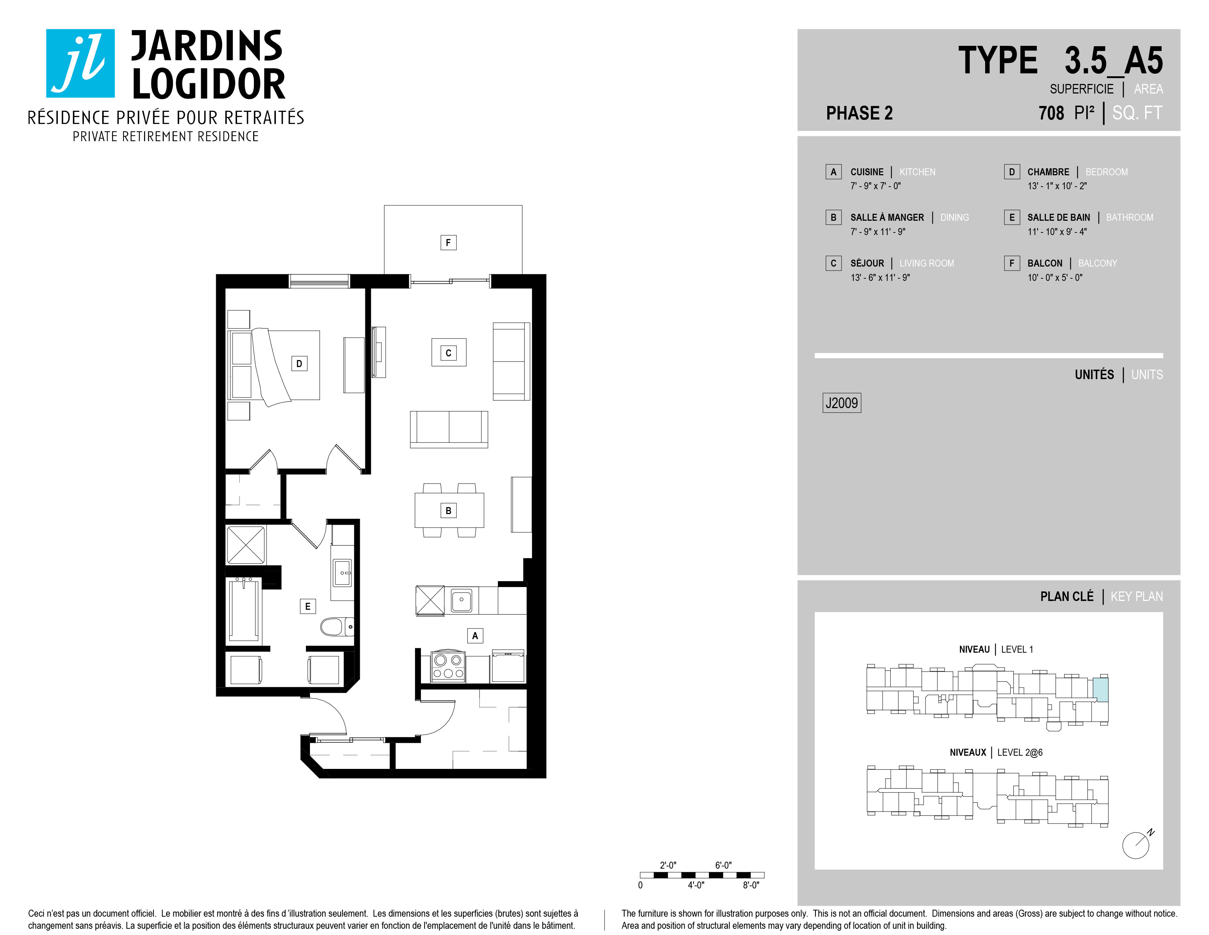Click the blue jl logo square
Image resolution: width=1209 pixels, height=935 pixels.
80,63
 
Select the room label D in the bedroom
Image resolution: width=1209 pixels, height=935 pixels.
299,363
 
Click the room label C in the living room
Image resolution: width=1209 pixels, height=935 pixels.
448,353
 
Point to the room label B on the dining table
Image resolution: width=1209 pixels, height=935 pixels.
448,511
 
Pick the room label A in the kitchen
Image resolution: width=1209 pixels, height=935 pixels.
475,636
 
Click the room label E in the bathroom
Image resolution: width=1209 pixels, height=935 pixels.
308,606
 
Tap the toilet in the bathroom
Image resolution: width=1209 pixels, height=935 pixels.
337,627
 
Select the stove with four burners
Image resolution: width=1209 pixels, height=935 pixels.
448,666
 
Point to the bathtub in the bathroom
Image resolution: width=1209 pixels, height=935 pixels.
244,609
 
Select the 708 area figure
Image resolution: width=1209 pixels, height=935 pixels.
1051,113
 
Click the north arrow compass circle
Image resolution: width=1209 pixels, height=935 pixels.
1135,846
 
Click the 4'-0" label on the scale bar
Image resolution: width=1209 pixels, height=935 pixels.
696,885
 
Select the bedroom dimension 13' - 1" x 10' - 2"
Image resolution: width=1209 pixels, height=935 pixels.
1057,186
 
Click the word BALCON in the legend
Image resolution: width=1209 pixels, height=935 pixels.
1045,263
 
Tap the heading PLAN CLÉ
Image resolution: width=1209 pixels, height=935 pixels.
1067,597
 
